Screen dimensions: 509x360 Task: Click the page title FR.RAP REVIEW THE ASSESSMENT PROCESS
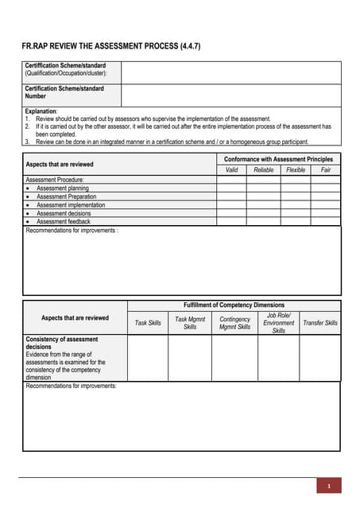[110, 46]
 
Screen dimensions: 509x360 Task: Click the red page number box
[328, 485]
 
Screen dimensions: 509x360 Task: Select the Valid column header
[231, 170]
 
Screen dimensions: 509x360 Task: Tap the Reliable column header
[263, 170]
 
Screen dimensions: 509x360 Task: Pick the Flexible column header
[295, 170]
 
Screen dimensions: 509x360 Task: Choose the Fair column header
[325, 170]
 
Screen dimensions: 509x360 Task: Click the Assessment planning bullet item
[63, 188]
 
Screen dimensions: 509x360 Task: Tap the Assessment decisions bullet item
[64, 213]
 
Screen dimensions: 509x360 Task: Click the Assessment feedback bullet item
[64, 222]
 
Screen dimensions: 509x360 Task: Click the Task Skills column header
[148, 323]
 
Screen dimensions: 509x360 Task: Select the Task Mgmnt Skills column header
[190, 323]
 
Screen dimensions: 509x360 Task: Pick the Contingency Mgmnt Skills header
[234, 323]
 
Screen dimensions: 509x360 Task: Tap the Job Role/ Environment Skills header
[278, 323]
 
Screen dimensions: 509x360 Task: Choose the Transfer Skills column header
[319, 323]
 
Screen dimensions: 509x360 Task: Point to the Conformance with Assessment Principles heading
[278, 159]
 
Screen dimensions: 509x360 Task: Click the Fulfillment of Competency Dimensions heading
[234, 305]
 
